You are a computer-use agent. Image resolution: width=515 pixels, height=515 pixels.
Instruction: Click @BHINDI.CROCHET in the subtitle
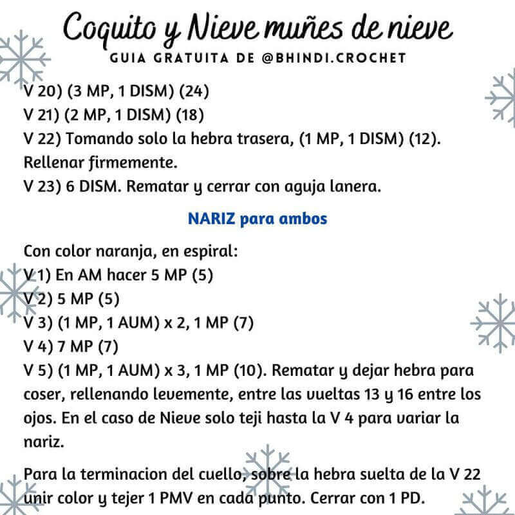[x=335, y=58]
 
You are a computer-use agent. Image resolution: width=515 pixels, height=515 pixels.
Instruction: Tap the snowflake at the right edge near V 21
[x=502, y=100]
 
